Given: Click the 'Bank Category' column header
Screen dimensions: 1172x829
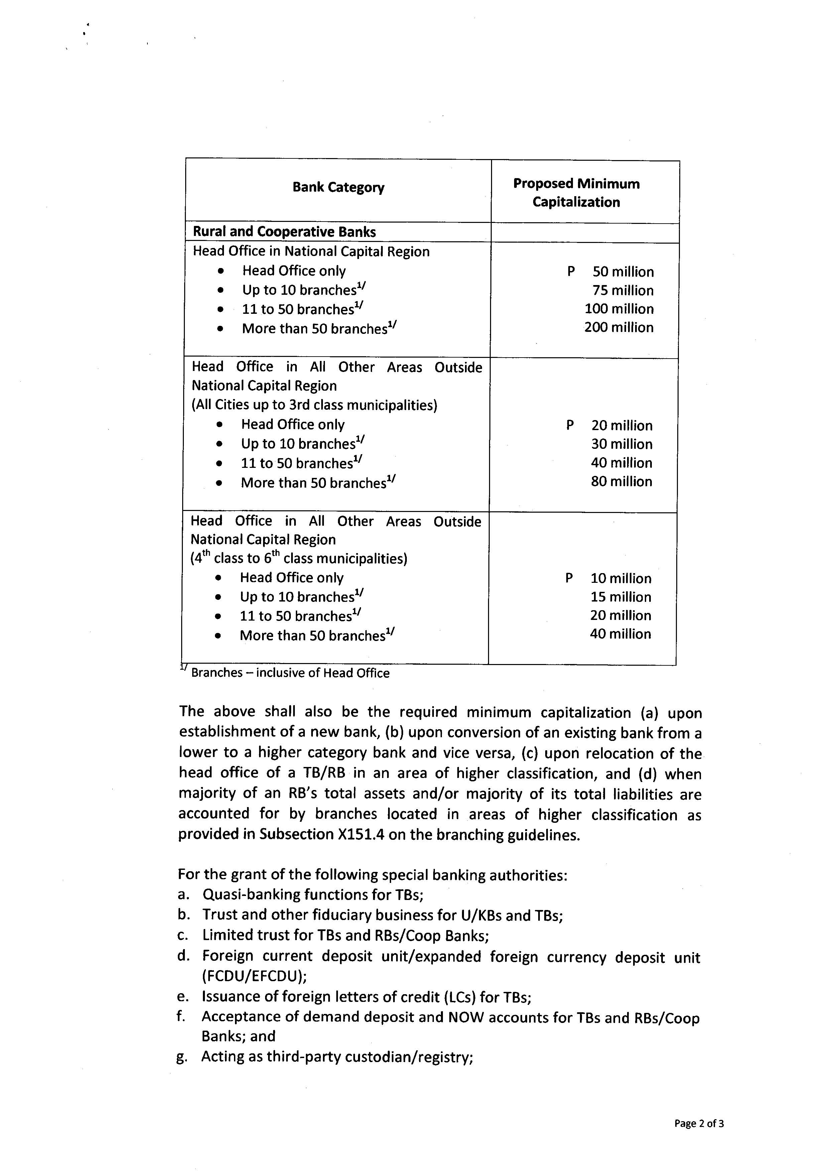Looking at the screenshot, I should [338, 187].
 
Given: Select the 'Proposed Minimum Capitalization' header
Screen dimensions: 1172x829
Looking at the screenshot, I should [576, 193].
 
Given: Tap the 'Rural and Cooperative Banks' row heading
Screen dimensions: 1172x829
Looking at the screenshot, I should [284, 232].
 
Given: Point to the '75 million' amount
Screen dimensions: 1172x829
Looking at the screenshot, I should [623, 290].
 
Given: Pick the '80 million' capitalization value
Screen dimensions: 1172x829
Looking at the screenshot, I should [621, 481].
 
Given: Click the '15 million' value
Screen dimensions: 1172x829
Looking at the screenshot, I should [621, 597].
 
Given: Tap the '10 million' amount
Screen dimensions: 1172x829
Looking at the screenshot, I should [621, 578].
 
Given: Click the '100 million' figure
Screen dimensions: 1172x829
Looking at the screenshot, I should [619, 309].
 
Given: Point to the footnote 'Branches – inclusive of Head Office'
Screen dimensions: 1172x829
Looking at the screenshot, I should [290, 673].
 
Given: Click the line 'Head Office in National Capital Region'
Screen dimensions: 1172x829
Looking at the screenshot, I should [311, 251].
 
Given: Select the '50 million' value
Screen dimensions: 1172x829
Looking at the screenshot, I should [623, 272].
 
